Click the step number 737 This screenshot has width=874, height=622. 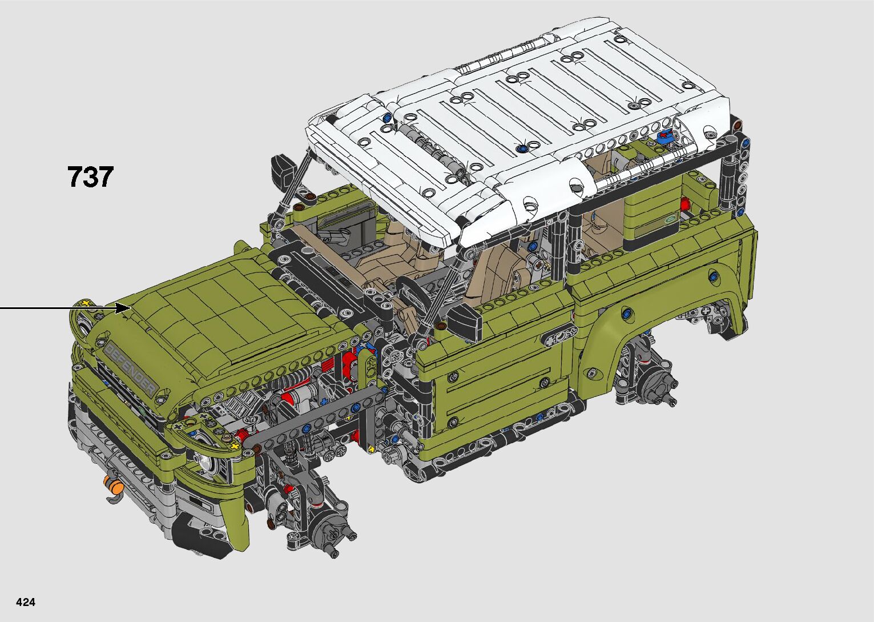click(91, 176)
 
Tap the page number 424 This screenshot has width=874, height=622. click(26, 601)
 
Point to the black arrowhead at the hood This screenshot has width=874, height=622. click(123, 308)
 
